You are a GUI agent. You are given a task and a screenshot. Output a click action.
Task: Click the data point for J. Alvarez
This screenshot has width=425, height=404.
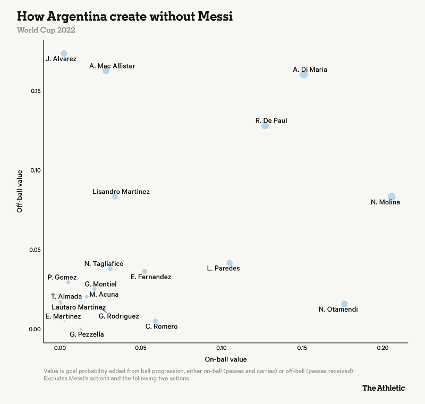pos(64,54)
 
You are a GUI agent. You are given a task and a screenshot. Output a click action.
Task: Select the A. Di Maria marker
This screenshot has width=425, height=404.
pos(304,74)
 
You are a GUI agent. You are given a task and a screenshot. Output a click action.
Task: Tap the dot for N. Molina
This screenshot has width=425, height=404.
pos(392,197)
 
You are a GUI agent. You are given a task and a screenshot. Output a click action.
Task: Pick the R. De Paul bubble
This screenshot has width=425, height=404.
pos(265,125)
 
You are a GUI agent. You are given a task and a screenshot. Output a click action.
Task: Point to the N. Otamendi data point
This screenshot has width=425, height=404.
pos(344,304)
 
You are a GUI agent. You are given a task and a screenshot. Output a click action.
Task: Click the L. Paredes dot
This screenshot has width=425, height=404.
pos(229,263)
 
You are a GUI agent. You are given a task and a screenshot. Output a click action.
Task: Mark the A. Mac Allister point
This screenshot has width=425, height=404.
pos(106,71)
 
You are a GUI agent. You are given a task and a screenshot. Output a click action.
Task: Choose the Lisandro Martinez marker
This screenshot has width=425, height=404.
pos(115,196)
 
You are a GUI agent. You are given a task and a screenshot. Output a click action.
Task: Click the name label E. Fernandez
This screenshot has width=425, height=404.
pos(151,277)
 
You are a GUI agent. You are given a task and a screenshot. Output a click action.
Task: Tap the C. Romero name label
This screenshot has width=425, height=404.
pos(161,326)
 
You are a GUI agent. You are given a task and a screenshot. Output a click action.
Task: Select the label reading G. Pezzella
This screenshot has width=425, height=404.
pos(87,334)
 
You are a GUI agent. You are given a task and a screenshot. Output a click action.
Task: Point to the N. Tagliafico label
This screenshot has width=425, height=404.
pos(104,264)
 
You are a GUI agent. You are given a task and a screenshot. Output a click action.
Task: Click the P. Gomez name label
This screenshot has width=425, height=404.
pos(62,277)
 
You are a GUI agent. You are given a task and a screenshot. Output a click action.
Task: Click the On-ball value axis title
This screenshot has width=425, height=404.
pos(225,359)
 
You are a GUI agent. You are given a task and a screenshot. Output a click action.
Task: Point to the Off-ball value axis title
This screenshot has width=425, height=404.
pos(20,191)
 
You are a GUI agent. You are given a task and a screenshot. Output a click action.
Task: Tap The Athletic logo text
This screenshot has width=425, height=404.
pos(383,388)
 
